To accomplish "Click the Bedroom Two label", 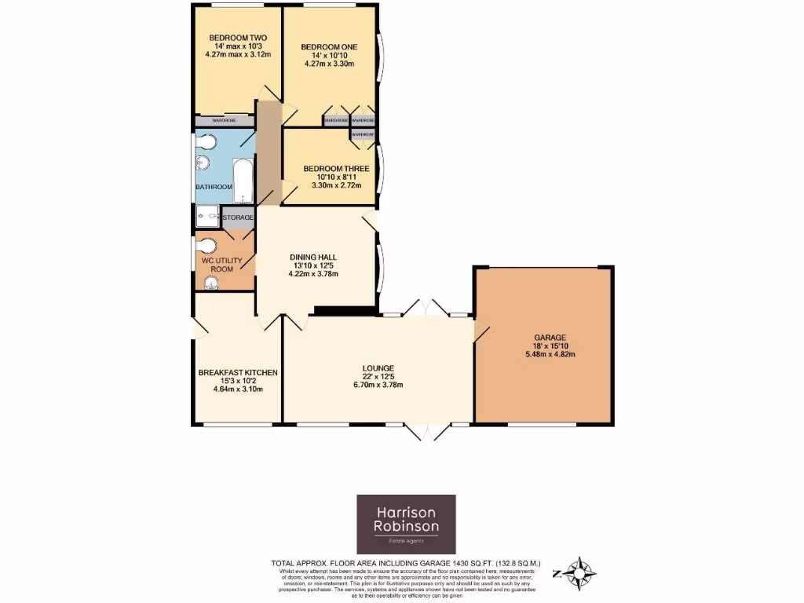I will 232,38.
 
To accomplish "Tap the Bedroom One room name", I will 329,47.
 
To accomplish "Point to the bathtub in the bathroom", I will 242,180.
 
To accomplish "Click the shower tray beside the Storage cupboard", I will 207,216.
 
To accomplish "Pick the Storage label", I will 239,217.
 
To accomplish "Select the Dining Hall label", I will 313,257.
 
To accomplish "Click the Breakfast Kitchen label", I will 237,372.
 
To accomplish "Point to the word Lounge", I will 378,368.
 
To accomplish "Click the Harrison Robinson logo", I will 406,524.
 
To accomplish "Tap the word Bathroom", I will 214,187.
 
